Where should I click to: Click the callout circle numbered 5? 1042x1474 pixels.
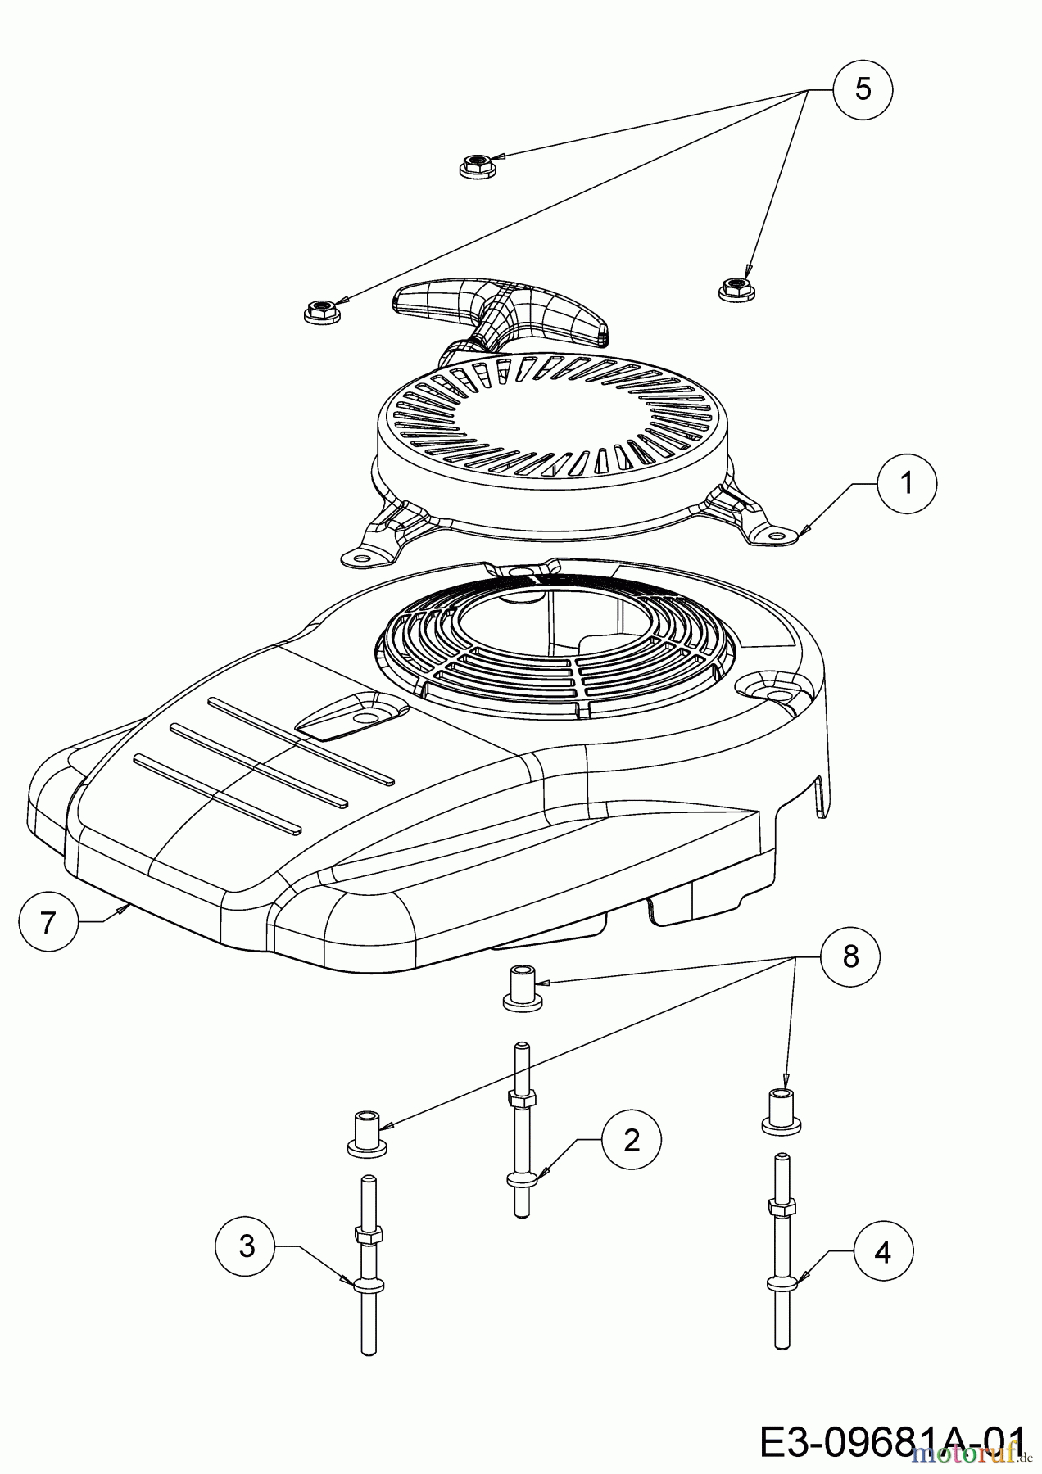click(863, 89)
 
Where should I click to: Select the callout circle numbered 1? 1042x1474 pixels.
click(906, 484)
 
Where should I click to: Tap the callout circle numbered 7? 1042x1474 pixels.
click(48, 922)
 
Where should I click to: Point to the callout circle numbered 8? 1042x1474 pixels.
click(850, 955)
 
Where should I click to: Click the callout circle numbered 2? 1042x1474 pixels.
click(631, 1140)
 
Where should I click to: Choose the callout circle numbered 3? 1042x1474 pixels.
click(245, 1246)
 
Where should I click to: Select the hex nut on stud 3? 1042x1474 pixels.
click(367, 1234)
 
